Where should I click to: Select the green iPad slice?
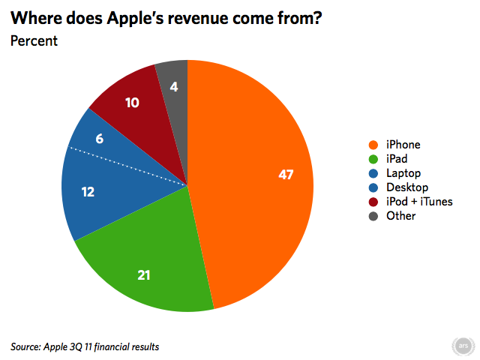[x=150, y=255]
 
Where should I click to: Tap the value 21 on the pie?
[x=144, y=276]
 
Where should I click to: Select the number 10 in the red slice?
[x=132, y=103]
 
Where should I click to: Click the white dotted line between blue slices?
[x=127, y=166]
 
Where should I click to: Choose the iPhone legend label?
[x=403, y=145]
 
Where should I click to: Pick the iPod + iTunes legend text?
[x=419, y=202]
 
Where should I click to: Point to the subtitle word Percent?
[x=33, y=40]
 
